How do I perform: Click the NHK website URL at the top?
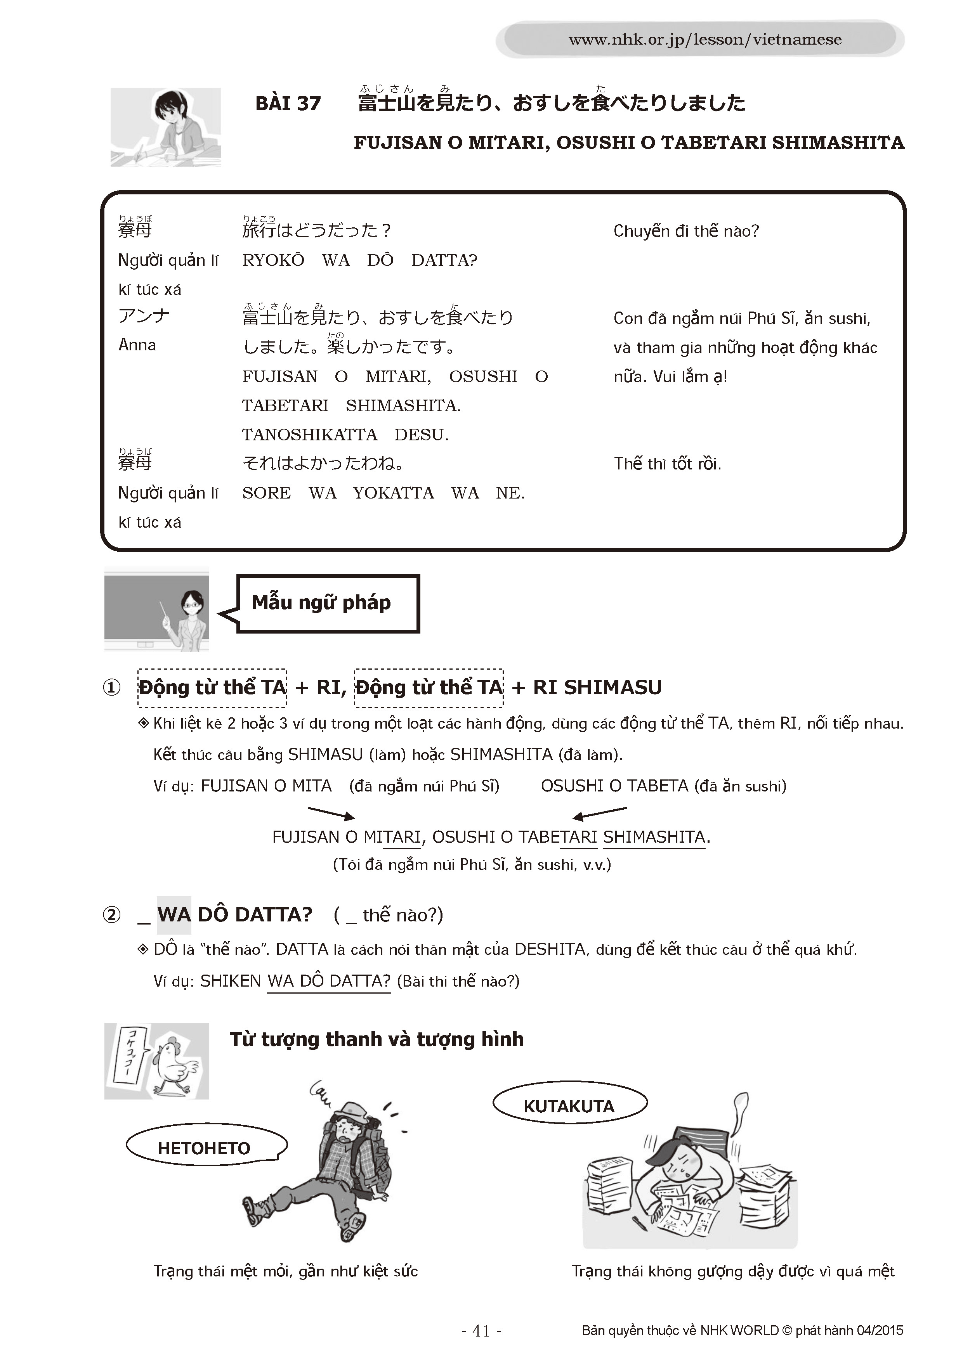[x=704, y=40]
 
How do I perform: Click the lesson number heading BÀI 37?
[x=288, y=104]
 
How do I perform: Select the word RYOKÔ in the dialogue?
[x=273, y=260]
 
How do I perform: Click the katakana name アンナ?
[x=144, y=315]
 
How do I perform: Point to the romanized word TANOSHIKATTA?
[x=309, y=435]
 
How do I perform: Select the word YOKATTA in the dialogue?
[x=393, y=493]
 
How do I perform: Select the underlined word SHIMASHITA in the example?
[x=654, y=837]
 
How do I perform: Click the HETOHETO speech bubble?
[x=205, y=1148]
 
